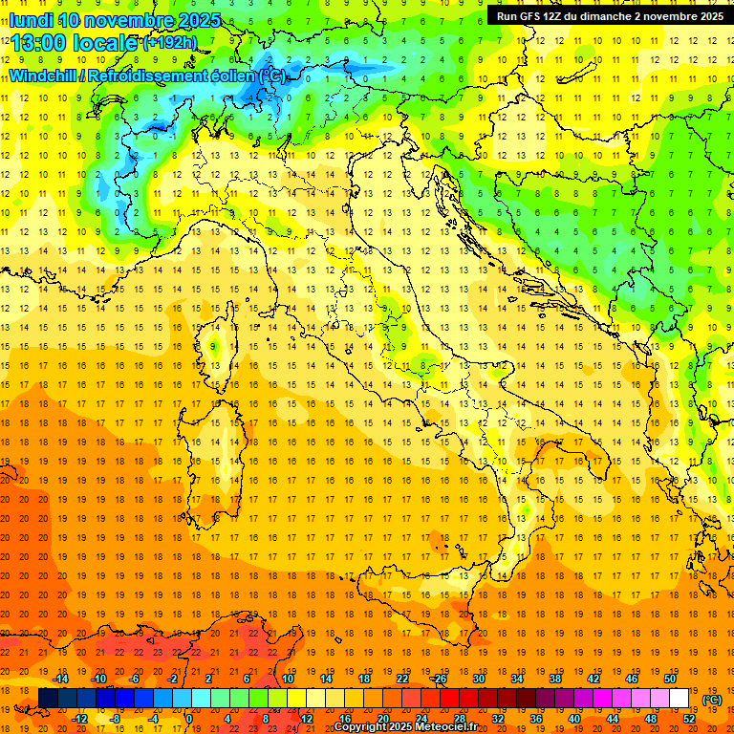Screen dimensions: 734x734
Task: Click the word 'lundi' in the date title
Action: pyautogui.click(x=31, y=20)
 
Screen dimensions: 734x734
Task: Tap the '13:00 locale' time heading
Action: pyautogui.click(x=73, y=44)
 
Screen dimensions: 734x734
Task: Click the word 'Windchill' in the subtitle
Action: pyautogui.click(x=44, y=76)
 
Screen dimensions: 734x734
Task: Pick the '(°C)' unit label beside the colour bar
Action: pyautogui.click(x=712, y=700)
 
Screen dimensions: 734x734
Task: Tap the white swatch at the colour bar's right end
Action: pyautogui.click(x=679, y=699)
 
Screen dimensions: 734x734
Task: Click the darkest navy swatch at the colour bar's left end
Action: pyautogui.click(x=48, y=699)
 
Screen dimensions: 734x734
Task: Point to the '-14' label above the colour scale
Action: pyautogui.click(x=62, y=679)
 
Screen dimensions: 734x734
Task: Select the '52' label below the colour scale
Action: pyautogui.click(x=688, y=718)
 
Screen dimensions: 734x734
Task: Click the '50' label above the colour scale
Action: pyautogui.click(x=669, y=679)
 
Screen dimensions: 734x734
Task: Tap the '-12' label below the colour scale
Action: pyautogui.click(x=80, y=718)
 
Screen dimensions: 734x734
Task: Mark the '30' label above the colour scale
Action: pyautogui.click(x=478, y=679)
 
